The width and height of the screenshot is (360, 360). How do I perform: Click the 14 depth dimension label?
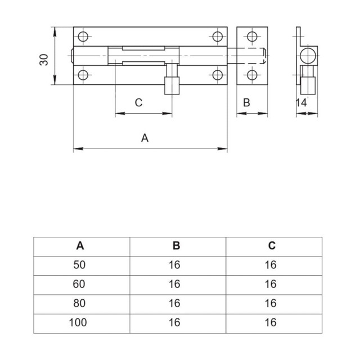pyautogui.click(x=301, y=102)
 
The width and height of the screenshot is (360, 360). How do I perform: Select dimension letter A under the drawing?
pyautogui.click(x=145, y=137)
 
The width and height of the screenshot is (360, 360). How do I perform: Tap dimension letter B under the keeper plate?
pyautogui.click(x=246, y=102)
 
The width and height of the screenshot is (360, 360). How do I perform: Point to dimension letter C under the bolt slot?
pyautogui.click(x=138, y=102)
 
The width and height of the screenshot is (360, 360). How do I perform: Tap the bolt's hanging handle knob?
pyautogui.click(x=169, y=87)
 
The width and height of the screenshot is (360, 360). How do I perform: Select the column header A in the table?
pyautogui.click(x=80, y=245)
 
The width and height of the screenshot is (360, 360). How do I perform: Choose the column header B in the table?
pyautogui.click(x=175, y=245)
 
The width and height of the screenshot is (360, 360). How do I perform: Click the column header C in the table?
pyautogui.click(x=272, y=245)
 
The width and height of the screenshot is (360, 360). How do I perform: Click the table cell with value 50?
pyautogui.click(x=80, y=265)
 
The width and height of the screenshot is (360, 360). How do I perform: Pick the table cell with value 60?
pyautogui.click(x=80, y=284)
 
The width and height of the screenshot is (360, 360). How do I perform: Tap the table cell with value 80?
pyautogui.click(x=80, y=303)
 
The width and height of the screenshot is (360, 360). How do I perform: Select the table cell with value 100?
pyautogui.click(x=80, y=322)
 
